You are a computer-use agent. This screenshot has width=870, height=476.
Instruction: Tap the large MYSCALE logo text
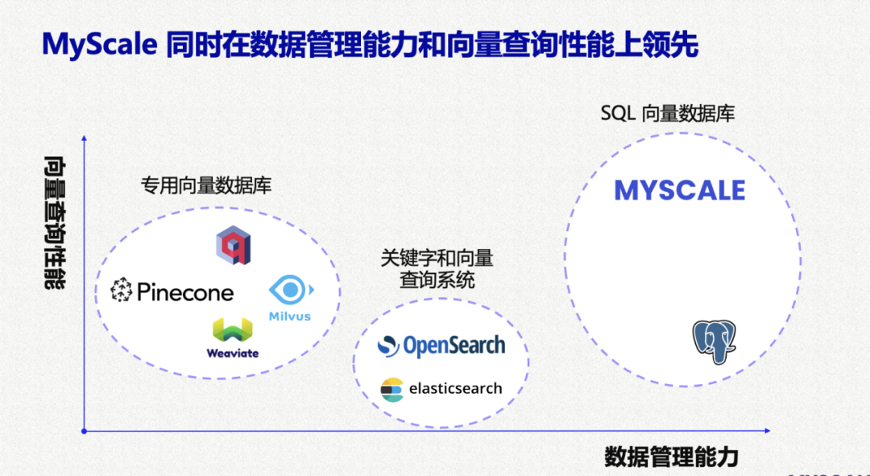point(679,191)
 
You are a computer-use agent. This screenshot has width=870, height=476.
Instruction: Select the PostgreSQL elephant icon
point(715,341)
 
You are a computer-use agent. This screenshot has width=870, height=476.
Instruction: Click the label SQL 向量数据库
point(667,114)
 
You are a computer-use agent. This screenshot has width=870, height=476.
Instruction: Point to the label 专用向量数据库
point(206,185)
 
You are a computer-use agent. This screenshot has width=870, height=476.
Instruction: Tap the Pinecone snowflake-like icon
point(122,291)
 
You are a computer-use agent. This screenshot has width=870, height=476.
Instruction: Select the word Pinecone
point(185,292)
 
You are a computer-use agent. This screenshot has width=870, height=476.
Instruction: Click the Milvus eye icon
point(290,290)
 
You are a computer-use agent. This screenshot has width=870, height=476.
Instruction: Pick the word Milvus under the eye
point(290,316)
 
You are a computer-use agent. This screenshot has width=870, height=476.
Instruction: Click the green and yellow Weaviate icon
point(232,330)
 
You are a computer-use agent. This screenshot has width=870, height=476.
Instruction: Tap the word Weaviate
point(232,353)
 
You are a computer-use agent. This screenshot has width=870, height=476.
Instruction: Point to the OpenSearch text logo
point(454,346)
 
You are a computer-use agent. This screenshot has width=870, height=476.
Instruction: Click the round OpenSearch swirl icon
point(388,346)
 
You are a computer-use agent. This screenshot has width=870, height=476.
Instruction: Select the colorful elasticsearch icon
point(391,389)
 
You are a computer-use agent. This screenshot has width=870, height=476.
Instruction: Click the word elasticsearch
point(455,388)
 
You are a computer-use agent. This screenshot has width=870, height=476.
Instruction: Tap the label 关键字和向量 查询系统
point(437,269)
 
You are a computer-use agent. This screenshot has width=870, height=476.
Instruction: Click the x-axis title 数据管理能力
point(671,457)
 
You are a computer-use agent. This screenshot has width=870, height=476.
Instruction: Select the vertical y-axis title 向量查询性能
point(55,222)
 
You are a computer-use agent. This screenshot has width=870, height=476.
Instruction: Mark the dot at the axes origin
point(84,431)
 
